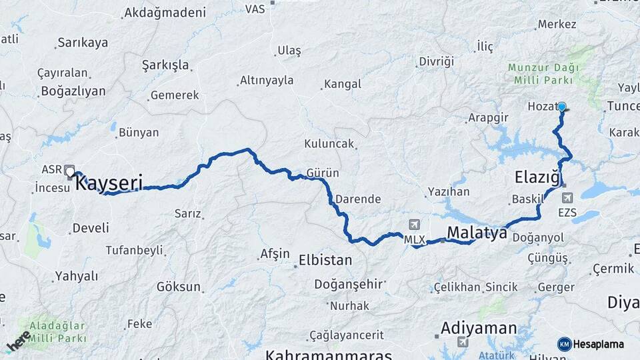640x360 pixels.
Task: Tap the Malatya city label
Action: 477,232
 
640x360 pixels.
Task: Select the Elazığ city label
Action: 536,177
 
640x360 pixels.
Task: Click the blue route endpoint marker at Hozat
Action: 562,107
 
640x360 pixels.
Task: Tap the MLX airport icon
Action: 415,225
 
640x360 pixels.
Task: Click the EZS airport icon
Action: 567,197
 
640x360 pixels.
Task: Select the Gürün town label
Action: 323,173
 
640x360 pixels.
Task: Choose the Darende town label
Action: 358,199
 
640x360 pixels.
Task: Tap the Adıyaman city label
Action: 479,328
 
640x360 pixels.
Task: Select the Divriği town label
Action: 436,61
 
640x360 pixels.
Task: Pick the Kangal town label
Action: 343,84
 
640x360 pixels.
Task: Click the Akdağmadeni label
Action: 165,12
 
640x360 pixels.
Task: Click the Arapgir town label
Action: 488,117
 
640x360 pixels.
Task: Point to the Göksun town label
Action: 179,287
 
